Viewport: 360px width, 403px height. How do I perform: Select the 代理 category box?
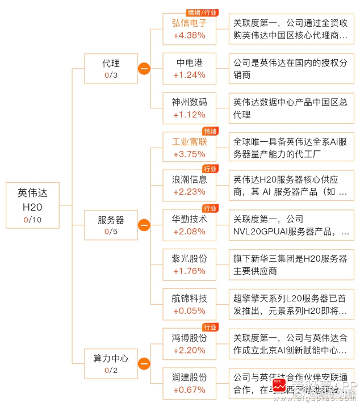coord(111,69)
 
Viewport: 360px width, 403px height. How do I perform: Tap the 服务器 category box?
coord(111,225)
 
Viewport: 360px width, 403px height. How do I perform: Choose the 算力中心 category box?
coord(111,364)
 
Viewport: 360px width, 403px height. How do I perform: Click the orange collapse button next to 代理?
coord(144,69)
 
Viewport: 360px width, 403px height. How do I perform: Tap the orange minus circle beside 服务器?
coord(144,225)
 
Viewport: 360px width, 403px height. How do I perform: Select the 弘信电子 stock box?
coord(189,29)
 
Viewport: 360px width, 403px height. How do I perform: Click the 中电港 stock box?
coord(189,69)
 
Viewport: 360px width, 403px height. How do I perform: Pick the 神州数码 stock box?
coord(189,108)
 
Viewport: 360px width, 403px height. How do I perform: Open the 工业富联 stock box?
coord(189,147)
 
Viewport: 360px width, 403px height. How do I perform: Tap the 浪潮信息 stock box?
coord(189,186)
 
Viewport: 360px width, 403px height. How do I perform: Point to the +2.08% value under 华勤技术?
coord(189,231)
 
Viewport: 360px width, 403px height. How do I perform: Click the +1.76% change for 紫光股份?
coord(189,271)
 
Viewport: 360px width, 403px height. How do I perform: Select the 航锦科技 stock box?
coord(189,304)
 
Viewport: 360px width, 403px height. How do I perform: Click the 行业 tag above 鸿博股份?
coord(210,327)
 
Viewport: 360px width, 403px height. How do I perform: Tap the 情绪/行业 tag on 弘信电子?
coord(202,13)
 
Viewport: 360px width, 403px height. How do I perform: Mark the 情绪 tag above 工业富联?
coord(210,131)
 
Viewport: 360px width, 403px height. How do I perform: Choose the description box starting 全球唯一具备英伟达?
coord(291,147)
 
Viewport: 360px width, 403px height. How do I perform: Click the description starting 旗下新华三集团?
coord(291,265)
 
